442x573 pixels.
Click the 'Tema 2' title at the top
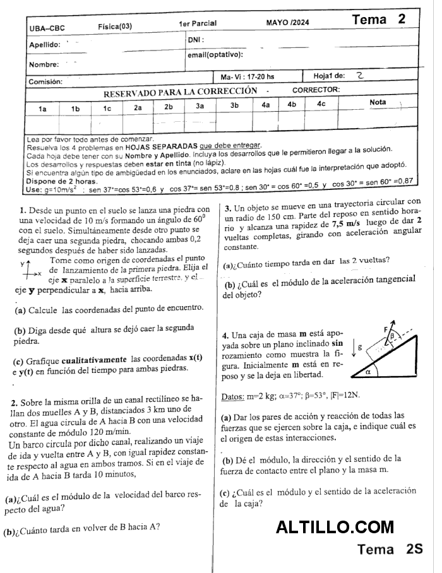click(x=379, y=19)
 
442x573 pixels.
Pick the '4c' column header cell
click(x=321, y=104)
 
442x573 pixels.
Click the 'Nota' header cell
click(x=378, y=102)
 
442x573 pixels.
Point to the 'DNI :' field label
click(x=195, y=40)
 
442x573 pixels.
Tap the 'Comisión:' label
click(x=45, y=81)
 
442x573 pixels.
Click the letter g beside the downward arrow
click(x=359, y=347)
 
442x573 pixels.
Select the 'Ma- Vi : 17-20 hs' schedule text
click(x=248, y=76)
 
